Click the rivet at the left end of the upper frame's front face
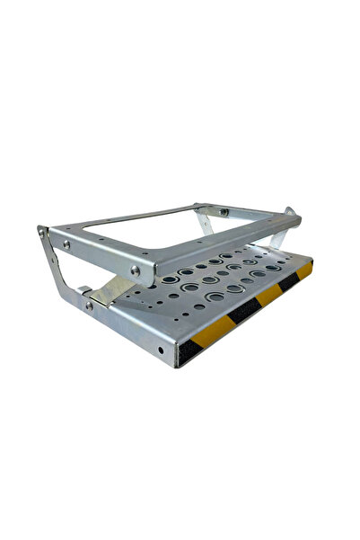tap(66, 243)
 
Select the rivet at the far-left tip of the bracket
tap(41, 230)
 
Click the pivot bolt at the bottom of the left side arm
tap(88, 305)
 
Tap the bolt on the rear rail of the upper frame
tap(224, 212)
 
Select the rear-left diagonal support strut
tap(207, 220)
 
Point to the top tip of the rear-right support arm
tap(289, 212)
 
